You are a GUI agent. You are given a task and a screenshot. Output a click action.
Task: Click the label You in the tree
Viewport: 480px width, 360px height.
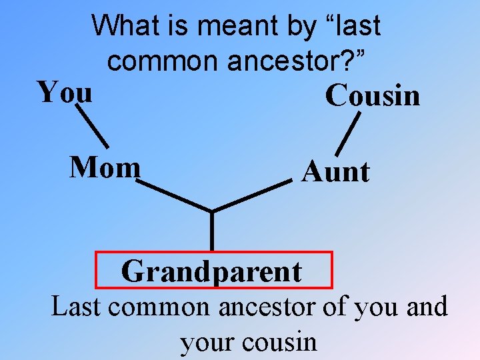[x=65, y=92]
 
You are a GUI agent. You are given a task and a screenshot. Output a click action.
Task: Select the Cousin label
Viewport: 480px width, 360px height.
[x=373, y=95]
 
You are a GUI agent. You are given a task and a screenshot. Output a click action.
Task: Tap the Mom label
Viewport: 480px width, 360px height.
[x=105, y=168]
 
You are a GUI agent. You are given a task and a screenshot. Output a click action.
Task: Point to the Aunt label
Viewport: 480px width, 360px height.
[x=335, y=172]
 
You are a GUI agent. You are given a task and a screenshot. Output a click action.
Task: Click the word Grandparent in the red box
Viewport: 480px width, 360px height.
[x=211, y=271]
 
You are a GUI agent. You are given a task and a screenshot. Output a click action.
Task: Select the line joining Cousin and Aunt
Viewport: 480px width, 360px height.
[x=347, y=134]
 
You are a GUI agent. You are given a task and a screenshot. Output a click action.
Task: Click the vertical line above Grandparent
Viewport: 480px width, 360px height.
[x=212, y=231]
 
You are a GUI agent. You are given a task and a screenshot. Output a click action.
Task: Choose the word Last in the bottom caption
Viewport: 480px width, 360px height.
[x=75, y=307]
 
